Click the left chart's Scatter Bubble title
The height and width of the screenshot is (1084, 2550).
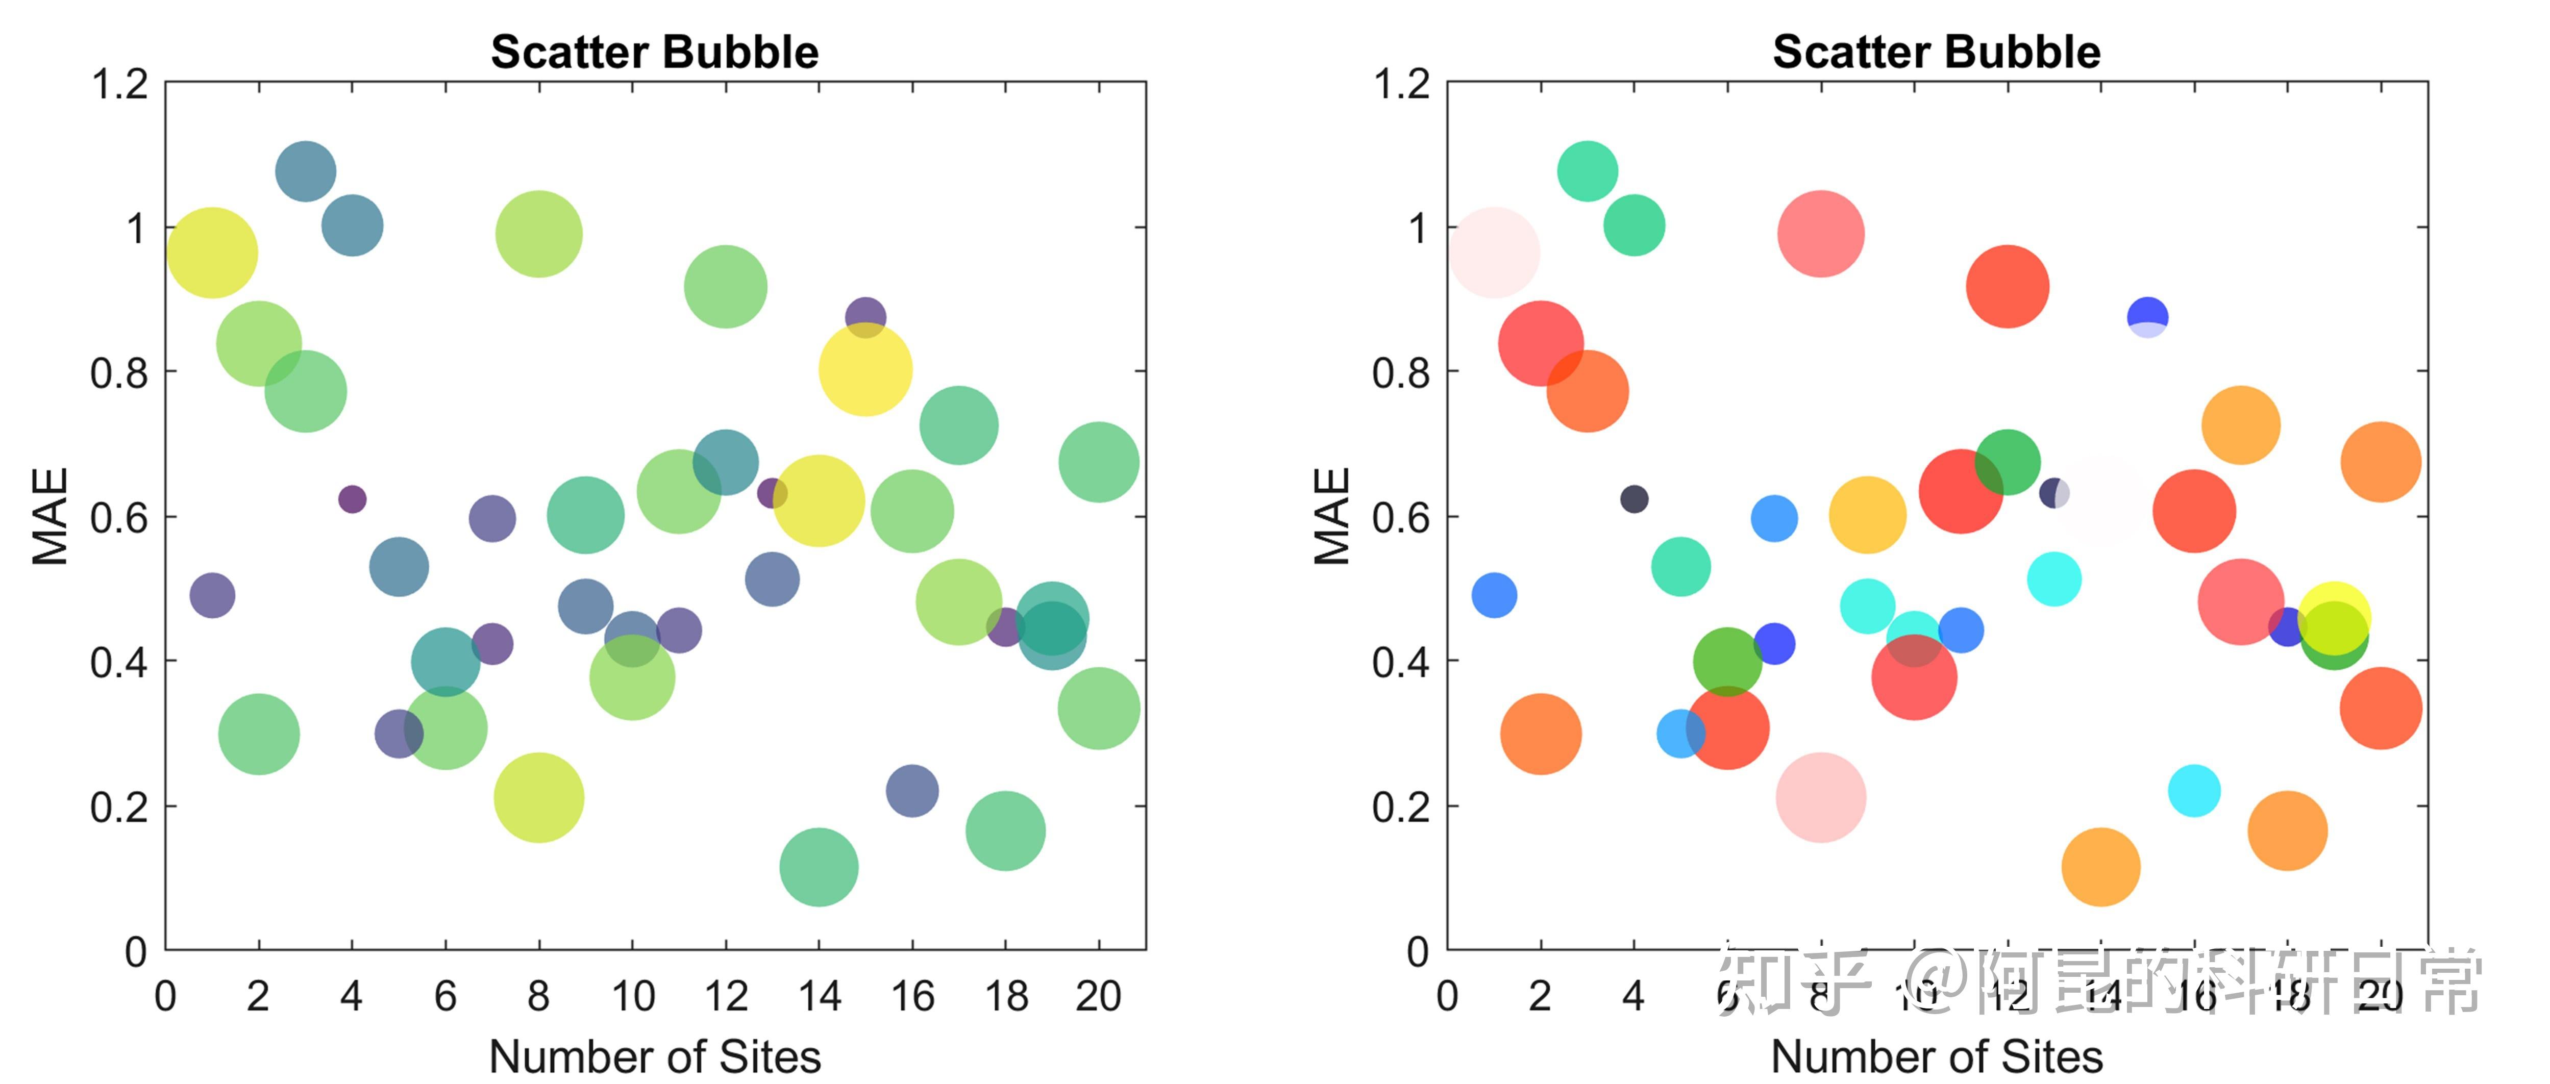click(654, 52)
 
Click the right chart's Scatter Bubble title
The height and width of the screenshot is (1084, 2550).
click(1936, 52)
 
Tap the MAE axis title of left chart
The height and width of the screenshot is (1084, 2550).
click(49, 516)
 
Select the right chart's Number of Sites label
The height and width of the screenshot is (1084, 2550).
click(1936, 1056)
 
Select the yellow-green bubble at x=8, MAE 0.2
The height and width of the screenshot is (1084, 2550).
click(538, 798)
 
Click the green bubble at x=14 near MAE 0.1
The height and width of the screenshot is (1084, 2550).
click(819, 867)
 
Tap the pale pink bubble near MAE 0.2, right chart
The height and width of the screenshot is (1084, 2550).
click(1820, 798)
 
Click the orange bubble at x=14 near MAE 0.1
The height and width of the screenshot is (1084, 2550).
click(2100, 867)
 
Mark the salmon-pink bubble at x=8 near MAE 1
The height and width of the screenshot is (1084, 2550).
click(1820, 235)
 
